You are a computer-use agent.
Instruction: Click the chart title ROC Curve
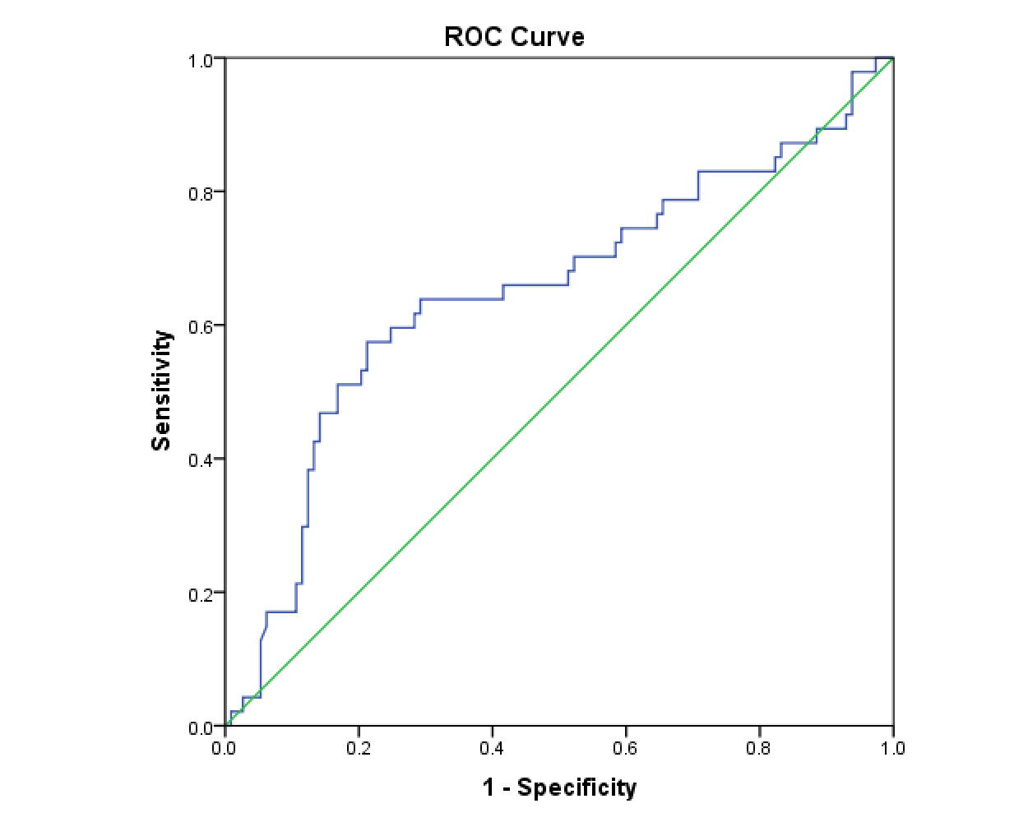click(x=514, y=37)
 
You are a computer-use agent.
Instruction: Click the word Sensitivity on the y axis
click(x=162, y=390)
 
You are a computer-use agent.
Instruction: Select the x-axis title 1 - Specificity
click(x=559, y=787)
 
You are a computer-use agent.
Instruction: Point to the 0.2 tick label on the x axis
click(x=358, y=748)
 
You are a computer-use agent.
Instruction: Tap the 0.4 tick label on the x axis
click(x=492, y=748)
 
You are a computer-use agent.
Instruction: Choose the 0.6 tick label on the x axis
click(x=625, y=748)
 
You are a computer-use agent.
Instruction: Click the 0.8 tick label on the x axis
click(x=759, y=748)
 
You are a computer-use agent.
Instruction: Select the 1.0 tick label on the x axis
click(x=892, y=748)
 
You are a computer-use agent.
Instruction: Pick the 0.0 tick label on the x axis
click(x=224, y=748)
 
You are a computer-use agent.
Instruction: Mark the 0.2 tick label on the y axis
click(x=201, y=593)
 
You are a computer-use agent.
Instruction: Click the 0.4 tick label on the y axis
click(x=201, y=460)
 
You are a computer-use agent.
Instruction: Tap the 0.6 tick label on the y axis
click(x=201, y=326)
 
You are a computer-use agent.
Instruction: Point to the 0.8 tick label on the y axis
click(x=201, y=193)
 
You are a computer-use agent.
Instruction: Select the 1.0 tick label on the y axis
click(x=201, y=60)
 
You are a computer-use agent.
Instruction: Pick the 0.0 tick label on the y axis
click(x=201, y=727)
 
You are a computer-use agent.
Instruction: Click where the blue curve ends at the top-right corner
click(x=892, y=58)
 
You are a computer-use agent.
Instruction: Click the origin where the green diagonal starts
click(x=225, y=727)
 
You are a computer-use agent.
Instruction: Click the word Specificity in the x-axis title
click(x=577, y=787)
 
